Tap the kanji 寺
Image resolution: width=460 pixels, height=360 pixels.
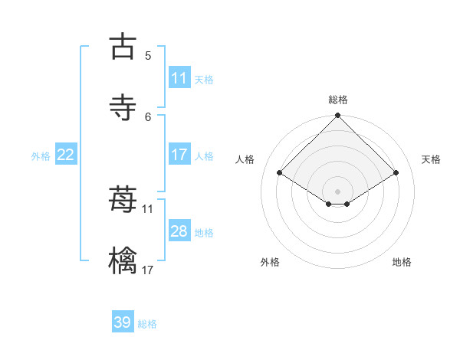tap(123, 107)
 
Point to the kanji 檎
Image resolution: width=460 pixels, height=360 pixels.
tap(123, 260)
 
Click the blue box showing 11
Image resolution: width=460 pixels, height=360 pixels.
tap(179, 78)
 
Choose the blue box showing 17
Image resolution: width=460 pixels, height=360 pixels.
tap(179, 155)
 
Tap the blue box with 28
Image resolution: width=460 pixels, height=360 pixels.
tap(179, 231)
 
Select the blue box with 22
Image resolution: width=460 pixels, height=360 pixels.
tap(66, 155)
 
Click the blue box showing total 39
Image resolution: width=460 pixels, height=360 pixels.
tap(123, 322)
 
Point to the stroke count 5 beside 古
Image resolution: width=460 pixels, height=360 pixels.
tap(148, 55)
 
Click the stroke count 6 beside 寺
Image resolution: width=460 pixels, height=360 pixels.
tap(148, 116)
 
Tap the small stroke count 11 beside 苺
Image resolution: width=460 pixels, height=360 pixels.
tap(148, 208)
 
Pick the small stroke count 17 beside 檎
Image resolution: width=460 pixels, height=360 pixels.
tap(148, 270)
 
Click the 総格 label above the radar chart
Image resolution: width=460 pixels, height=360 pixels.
tap(338, 100)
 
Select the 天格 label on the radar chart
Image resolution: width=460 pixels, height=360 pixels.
tap(432, 159)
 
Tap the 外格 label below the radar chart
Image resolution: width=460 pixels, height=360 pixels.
tap(270, 262)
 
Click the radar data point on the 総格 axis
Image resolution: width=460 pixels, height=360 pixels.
tap(338, 116)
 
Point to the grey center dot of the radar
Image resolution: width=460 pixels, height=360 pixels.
tap(338, 191)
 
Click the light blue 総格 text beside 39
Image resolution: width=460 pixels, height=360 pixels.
tap(148, 324)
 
